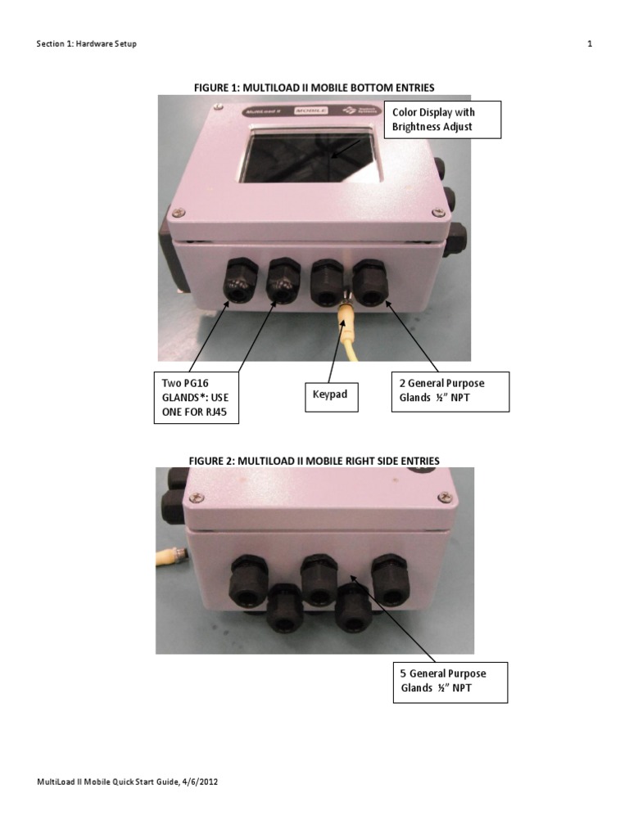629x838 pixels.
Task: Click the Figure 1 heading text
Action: (314, 88)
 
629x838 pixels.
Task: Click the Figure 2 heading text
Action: (314, 461)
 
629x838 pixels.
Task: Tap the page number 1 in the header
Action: (590, 44)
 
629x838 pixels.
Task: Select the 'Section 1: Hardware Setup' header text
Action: (86, 44)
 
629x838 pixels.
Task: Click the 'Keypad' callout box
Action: (331, 397)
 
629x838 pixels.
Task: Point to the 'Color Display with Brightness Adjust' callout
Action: (442, 119)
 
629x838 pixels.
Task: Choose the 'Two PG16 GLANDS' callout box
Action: (197, 398)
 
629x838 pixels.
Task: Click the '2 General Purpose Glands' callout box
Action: (450, 392)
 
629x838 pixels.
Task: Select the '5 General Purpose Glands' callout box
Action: (450, 683)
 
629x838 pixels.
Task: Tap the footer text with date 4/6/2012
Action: (127, 782)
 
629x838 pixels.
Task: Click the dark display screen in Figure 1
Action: (310, 156)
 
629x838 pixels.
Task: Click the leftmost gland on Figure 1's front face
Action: (240, 280)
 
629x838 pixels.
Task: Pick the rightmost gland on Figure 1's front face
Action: (370, 282)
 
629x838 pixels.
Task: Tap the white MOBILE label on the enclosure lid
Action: (310, 110)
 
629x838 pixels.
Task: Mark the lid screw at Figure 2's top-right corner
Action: (445, 498)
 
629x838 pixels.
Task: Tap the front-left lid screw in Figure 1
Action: (179, 213)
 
